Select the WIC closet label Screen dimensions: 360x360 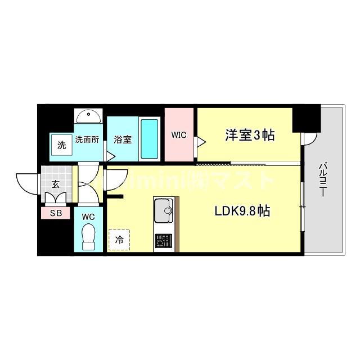[x=179, y=135]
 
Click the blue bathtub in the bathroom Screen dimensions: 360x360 [x=148, y=139]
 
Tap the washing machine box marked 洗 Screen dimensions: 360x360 [x=61, y=144]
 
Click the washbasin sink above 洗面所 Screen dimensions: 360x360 [x=88, y=116]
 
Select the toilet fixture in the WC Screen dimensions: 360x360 [x=88, y=236]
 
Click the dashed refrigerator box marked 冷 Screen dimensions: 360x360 [x=119, y=239]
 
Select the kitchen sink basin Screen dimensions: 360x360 [x=164, y=209]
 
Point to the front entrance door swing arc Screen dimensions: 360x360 [x=26, y=181]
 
